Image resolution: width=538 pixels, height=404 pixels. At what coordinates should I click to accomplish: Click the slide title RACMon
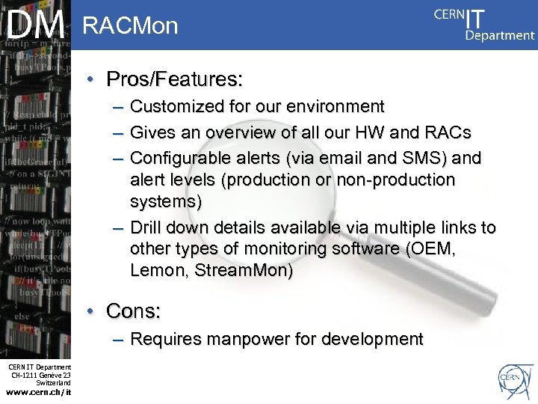click(x=131, y=26)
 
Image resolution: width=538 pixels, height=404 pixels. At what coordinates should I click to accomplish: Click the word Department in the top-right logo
click(x=500, y=34)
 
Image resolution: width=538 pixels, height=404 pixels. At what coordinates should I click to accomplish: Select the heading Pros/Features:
click(x=175, y=79)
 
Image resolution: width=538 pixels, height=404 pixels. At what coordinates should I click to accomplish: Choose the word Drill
click(x=146, y=227)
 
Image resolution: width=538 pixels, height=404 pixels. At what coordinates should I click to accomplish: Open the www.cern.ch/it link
click(x=38, y=392)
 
